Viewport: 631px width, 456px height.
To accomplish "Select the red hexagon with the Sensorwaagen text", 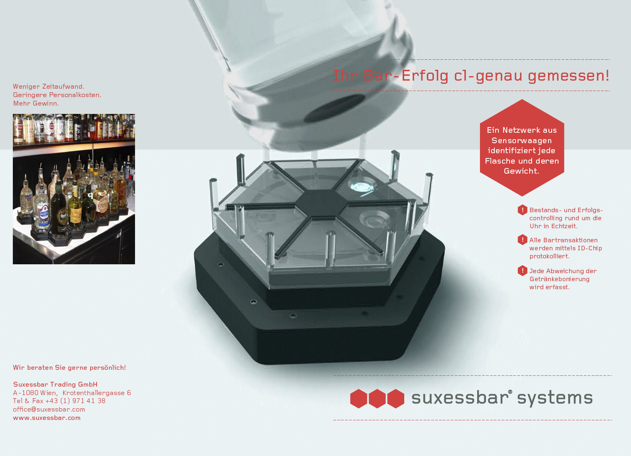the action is [x=522, y=148].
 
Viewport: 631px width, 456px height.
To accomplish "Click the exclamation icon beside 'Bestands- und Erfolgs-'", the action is [x=522, y=210].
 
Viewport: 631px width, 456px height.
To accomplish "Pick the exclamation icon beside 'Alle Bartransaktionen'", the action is [x=522, y=240].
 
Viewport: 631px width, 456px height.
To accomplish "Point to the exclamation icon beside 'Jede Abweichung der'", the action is [x=522, y=271].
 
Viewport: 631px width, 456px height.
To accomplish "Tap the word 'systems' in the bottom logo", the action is [x=555, y=399].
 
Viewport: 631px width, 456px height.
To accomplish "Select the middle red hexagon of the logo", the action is [x=377, y=399].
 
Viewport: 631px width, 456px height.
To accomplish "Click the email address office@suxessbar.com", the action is [x=49, y=409].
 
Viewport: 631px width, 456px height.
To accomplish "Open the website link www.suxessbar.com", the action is [x=47, y=418].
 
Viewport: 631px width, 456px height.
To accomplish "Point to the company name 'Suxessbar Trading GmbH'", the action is [x=55, y=384].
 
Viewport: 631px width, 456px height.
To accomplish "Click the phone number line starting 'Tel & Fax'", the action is [x=59, y=401].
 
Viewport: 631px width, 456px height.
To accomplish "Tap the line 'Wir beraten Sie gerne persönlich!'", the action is [x=69, y=368].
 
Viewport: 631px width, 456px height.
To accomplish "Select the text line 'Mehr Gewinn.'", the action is [x=36, y=103].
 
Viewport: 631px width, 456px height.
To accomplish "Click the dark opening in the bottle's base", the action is [x=335, y=108].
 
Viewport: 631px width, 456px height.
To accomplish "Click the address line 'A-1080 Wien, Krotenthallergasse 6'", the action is [x=72, y=393].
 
